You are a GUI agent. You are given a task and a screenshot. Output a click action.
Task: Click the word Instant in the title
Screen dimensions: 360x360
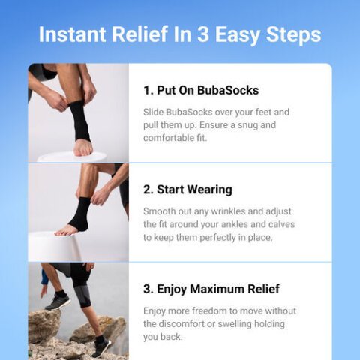tap(72, 34)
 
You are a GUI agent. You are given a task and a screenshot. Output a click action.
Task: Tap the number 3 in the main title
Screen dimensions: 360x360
tap(203, 34)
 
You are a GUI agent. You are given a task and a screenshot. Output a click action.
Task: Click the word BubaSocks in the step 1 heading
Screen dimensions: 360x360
tap(228, 90)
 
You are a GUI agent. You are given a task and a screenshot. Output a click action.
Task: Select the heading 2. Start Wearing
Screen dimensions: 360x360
tap(187, 190)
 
